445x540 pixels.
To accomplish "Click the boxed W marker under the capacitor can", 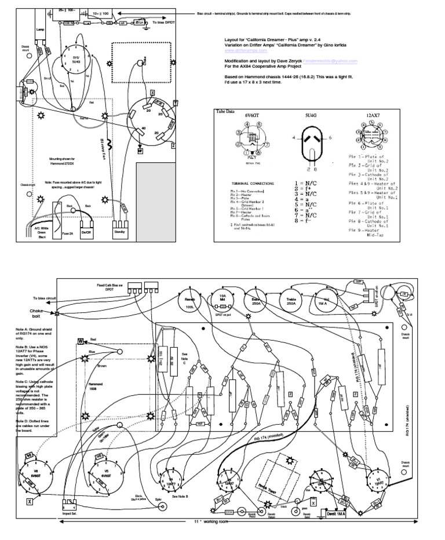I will (x=140, y=151).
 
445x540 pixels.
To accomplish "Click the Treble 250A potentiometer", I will (x=291, y=299).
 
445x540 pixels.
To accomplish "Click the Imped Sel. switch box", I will (x=68, y=505).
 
